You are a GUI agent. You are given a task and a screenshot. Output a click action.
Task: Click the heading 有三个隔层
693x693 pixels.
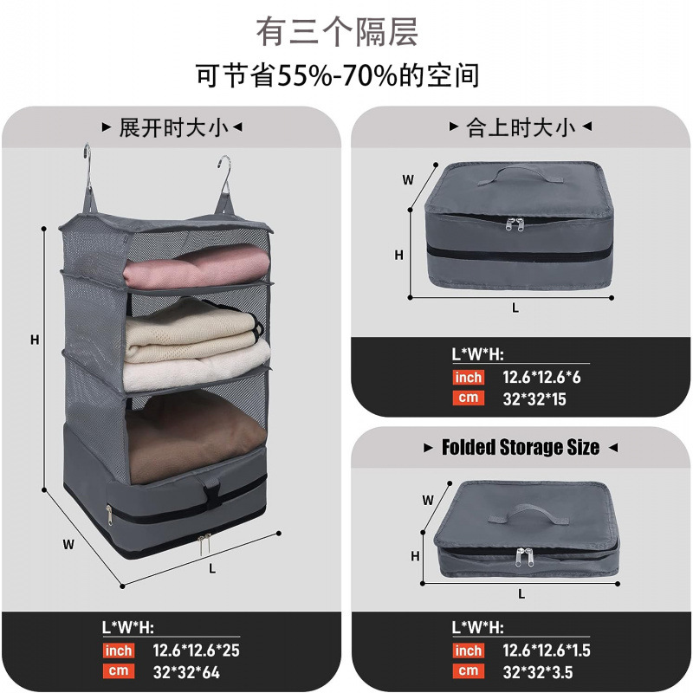[338, 31]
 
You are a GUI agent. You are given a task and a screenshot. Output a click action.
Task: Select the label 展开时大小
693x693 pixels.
[173, 128]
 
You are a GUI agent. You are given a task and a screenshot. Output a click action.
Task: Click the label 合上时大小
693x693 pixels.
[520, 128]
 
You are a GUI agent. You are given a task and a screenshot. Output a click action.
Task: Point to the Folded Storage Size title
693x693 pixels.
[520, 448]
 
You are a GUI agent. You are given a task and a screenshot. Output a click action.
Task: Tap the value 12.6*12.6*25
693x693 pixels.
[196, 650]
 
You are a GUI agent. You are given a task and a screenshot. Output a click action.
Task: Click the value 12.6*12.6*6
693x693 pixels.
[541, 378]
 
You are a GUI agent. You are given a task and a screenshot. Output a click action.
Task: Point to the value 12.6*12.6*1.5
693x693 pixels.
[546, 650]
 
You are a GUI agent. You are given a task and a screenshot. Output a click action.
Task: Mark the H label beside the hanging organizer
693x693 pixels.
[35, 340]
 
